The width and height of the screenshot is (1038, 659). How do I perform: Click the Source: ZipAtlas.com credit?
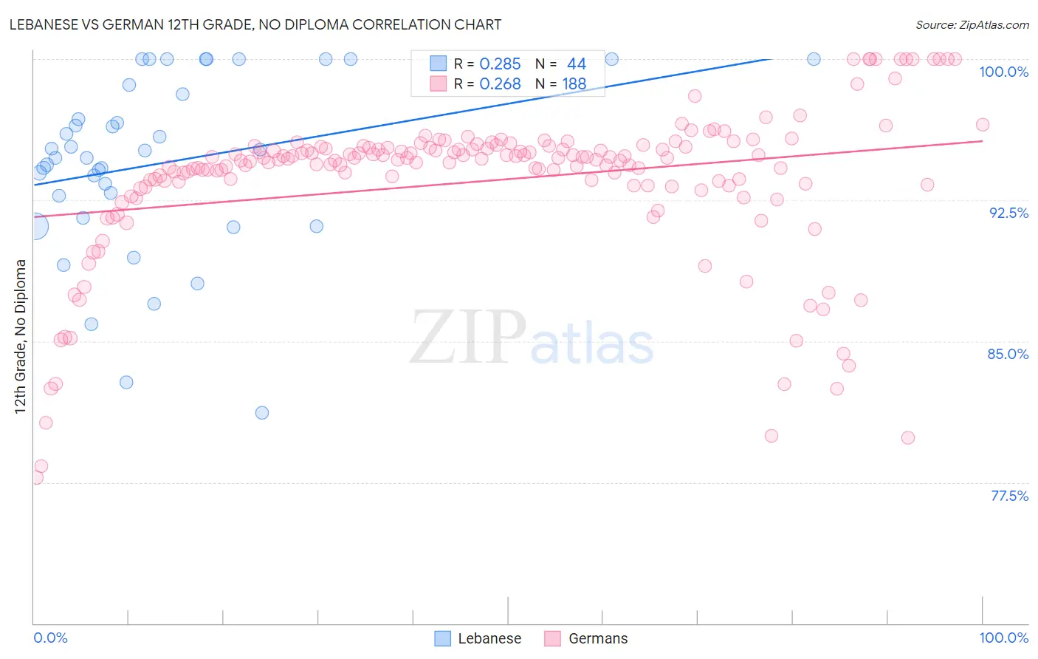972,24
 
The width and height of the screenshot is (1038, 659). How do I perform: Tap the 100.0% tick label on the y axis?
1003,72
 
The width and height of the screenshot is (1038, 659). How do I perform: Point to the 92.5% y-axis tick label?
1008,213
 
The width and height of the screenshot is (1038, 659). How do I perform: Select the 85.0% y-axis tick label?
1008,354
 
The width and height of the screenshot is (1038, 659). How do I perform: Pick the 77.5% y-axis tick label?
1009,496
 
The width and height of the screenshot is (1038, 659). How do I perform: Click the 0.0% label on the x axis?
50,638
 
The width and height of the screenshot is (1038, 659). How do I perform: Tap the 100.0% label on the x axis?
1003,638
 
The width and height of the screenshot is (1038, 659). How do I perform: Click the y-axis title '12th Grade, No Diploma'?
21,336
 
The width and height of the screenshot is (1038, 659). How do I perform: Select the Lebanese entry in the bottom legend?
489,638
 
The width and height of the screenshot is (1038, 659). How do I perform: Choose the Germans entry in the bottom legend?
598,638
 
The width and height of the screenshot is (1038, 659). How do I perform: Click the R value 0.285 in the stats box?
500,64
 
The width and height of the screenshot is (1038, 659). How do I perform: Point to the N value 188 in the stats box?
574,84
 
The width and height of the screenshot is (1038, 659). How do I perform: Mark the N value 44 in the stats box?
576,64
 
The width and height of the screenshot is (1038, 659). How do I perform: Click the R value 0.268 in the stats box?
500,84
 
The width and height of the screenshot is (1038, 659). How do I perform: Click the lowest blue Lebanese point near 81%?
262,413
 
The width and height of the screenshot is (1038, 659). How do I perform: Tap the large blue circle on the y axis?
34,226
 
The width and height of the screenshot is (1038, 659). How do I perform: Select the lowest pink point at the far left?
35,478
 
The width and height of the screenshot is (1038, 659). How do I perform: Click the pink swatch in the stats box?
439,84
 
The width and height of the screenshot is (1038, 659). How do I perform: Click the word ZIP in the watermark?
468,338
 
